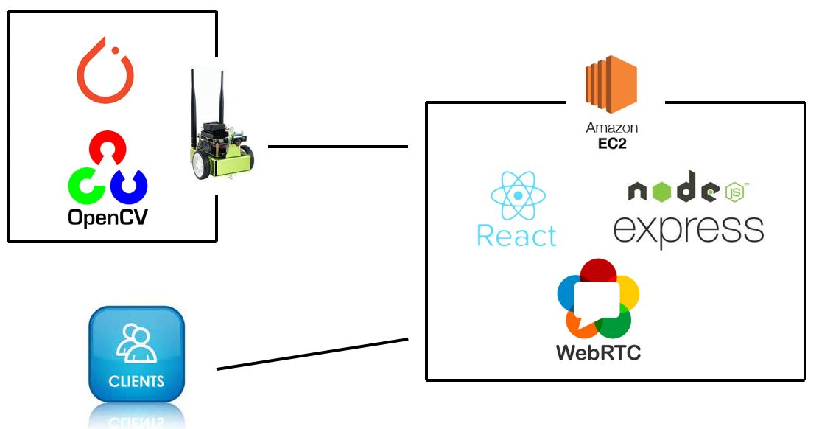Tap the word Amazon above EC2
611,128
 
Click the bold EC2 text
611,142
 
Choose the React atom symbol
519,195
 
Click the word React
516,237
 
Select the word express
688,229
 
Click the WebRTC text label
598,352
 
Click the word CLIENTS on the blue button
136,382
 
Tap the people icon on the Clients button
137,343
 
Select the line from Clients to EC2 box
312,354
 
